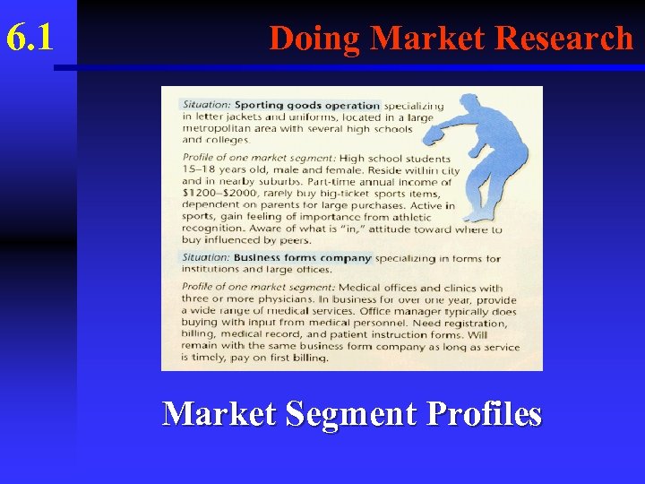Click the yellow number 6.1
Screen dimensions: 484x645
tap(30, 39)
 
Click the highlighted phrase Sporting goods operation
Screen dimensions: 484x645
tap(307, 105)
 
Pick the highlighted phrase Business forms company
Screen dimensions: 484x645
tap(303, 258)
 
